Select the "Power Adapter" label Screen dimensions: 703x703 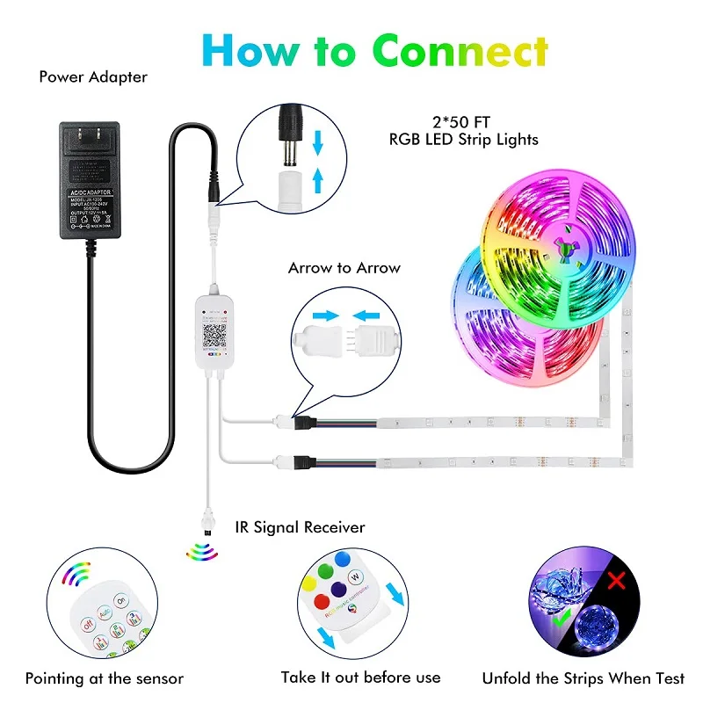click(x=93, y=76)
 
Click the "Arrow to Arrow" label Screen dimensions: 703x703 click(x=344, y=268)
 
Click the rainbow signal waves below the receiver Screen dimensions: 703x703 click(x=200, y=551)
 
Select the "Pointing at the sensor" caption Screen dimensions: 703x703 click(x=105, y=678)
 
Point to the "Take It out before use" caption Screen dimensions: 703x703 click(x=360, y=677)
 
